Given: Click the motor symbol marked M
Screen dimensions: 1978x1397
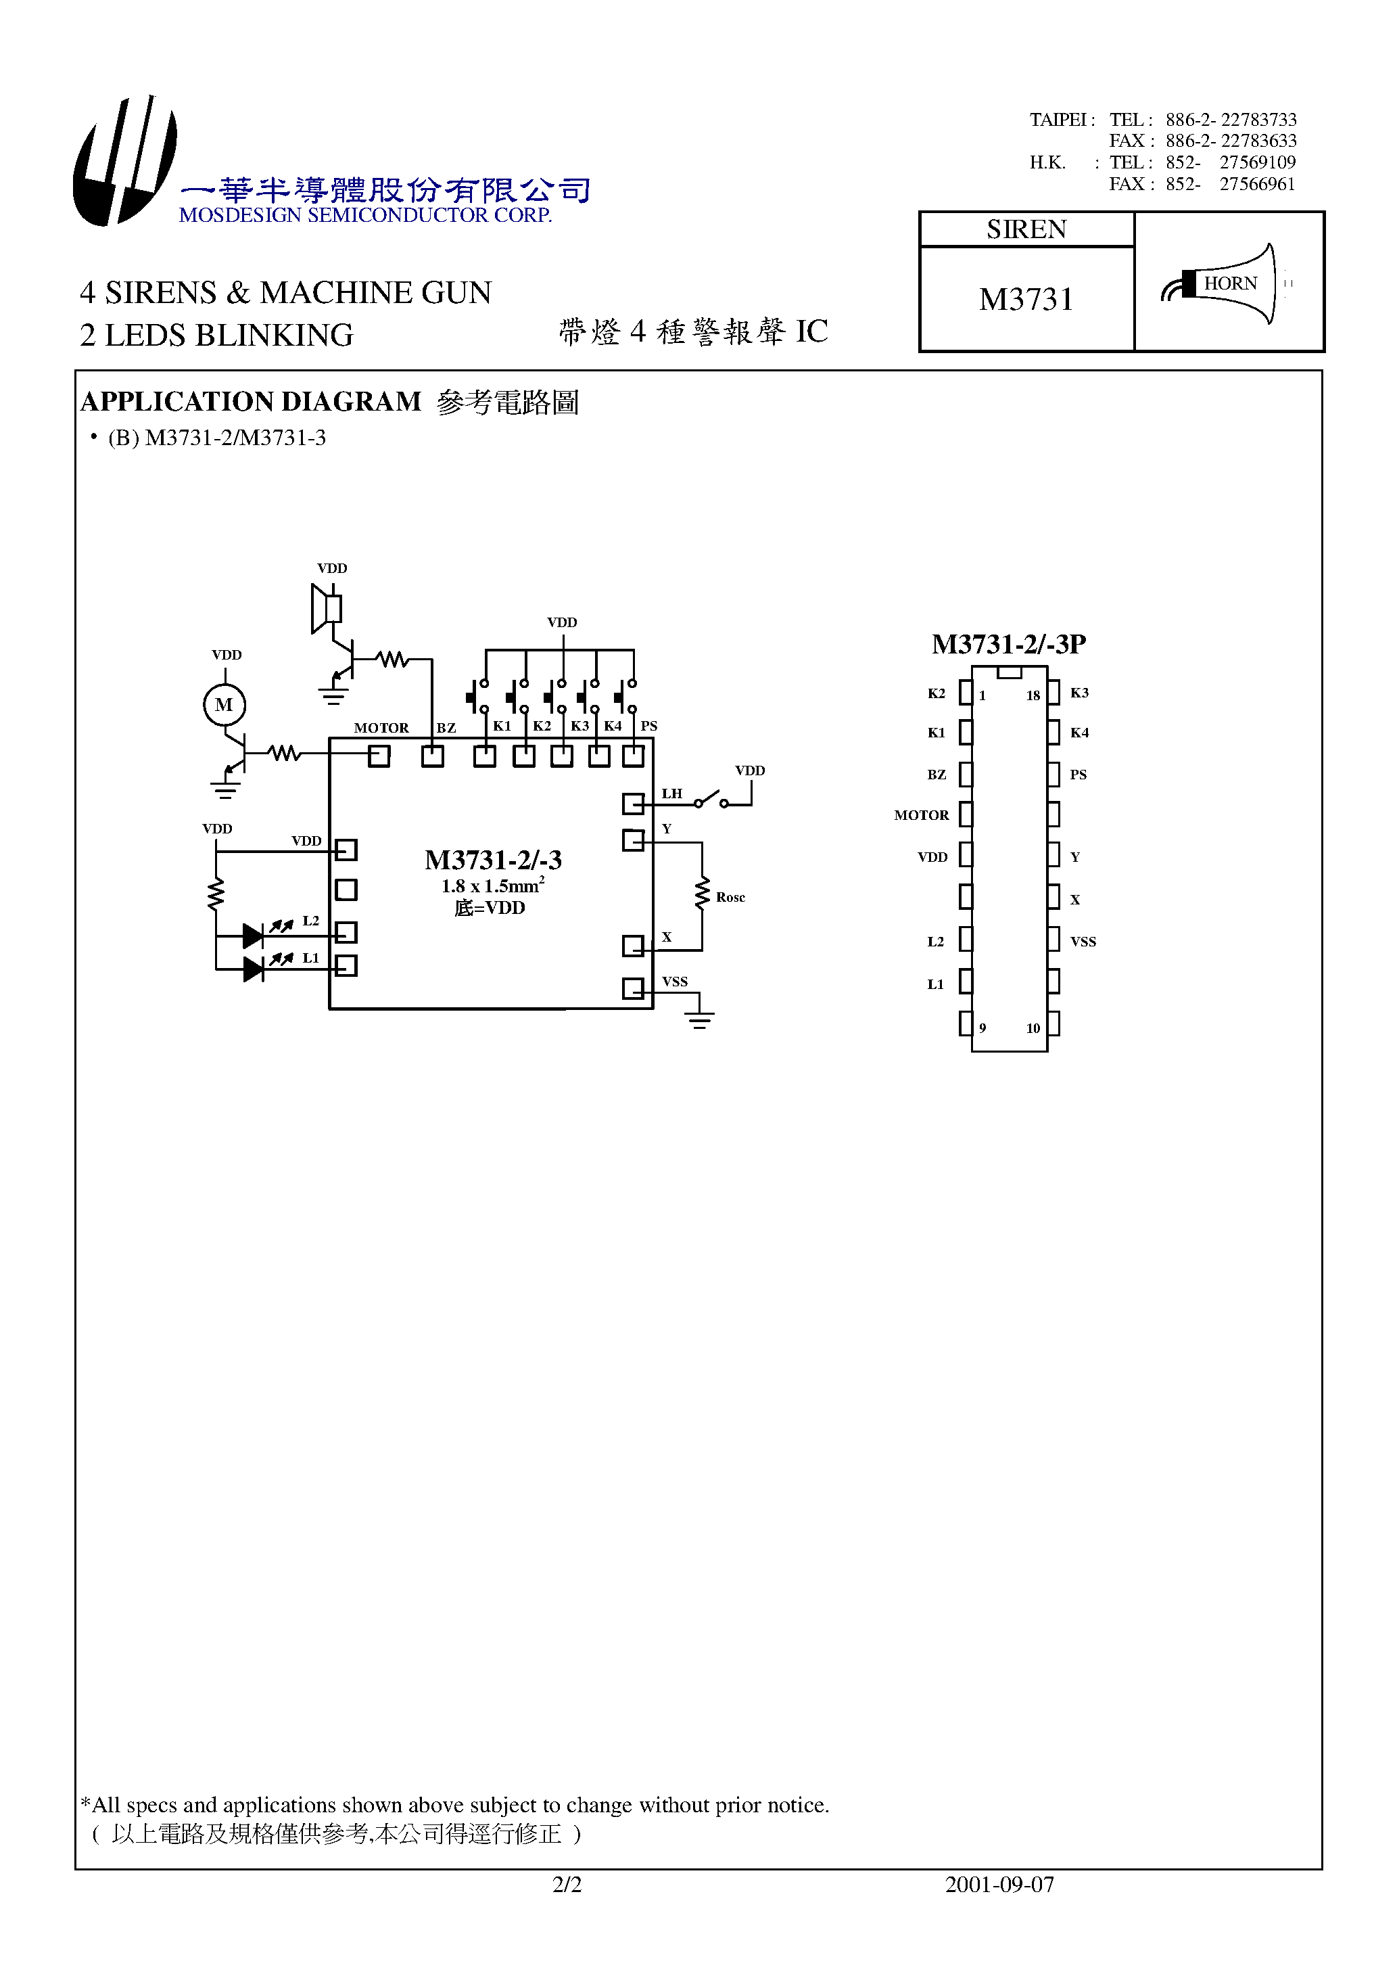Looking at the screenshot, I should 224,705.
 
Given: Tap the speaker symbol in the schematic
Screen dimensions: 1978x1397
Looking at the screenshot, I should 325,609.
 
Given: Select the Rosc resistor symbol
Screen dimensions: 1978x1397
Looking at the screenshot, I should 703,894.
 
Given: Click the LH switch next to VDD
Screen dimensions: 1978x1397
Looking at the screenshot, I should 711,799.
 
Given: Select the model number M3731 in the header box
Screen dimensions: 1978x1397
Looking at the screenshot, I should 1026,300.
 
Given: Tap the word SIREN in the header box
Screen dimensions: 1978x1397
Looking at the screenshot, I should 1026,229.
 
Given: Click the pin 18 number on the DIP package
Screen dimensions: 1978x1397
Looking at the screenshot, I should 1033,696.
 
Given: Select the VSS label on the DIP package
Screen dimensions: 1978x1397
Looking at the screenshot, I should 1083,942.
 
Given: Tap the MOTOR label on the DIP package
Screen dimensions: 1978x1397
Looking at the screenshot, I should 921,815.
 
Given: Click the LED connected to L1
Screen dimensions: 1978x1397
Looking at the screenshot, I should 253,969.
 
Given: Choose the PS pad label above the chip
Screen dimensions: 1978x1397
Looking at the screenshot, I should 648,727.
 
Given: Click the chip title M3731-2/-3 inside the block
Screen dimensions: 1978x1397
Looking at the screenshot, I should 493,860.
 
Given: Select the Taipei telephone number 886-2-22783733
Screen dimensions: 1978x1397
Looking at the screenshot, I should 1231,120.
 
